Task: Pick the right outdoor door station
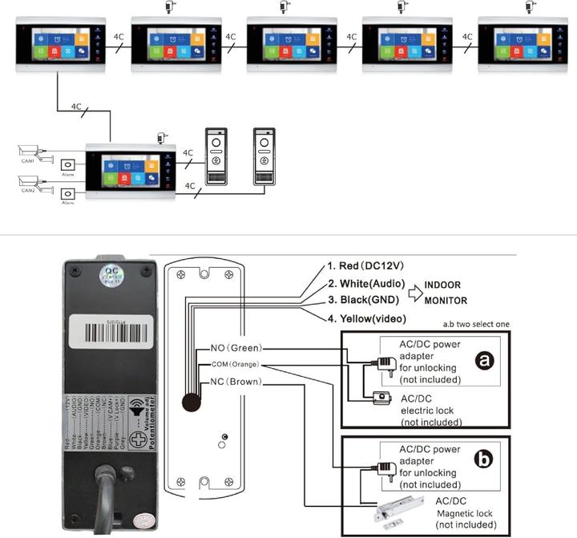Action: (x=264, y=156)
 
